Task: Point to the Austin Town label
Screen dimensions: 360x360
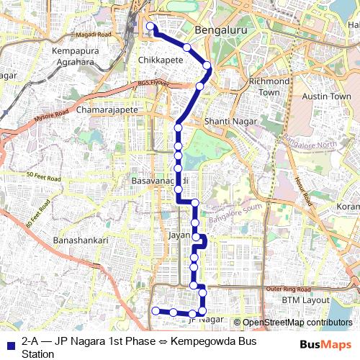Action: click(326, 96)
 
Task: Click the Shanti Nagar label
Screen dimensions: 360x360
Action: click(226, 122)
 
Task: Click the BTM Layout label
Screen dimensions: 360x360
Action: click(305, 300)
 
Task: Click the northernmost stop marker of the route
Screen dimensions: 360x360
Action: click(150, 27)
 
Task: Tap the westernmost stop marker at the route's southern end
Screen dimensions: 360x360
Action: click(156, 310)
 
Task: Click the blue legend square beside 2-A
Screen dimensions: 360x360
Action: click(11, 342)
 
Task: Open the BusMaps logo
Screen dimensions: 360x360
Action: click(325, 344)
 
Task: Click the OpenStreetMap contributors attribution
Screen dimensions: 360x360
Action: click(297, 323)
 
